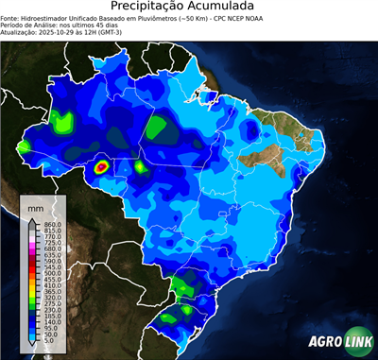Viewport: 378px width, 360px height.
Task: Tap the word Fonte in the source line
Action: point(10,17)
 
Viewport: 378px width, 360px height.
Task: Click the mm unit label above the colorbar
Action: point(36,206)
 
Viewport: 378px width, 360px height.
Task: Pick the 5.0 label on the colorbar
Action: point(50,342)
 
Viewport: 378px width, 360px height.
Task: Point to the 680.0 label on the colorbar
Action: point(52,249)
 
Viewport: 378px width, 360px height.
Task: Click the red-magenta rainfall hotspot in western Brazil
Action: point(103,168)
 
